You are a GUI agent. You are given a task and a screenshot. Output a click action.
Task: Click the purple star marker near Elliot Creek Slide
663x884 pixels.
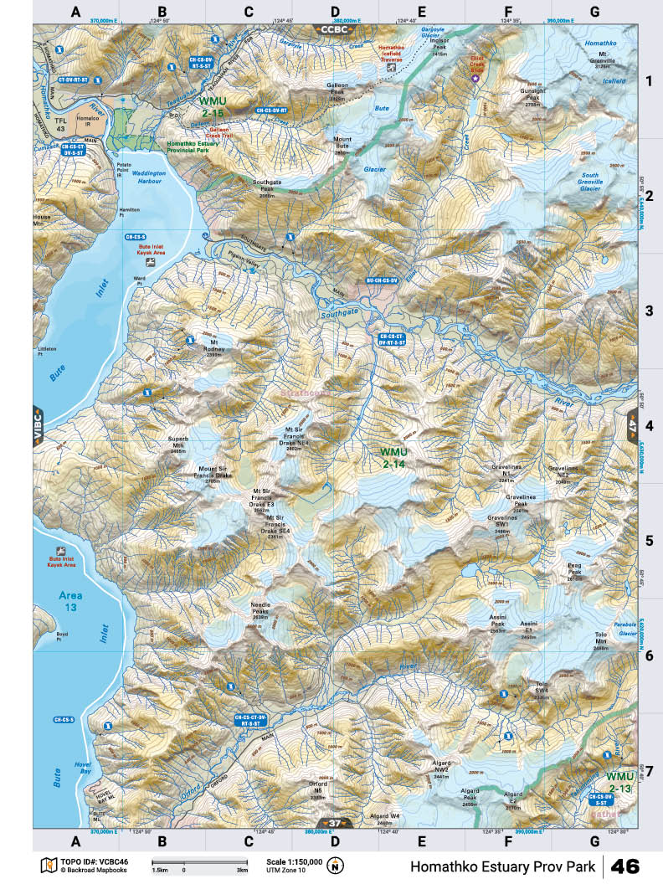(476, 78)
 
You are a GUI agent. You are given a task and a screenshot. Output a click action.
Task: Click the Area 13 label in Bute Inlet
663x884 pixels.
(70, 600)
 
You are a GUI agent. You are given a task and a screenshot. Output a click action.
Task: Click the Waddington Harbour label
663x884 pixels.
(150, 177)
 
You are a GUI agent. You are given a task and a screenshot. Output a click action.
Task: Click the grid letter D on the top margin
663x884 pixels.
(335, 12)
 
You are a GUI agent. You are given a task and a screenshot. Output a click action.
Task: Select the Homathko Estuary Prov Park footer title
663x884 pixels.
(502, 866)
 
